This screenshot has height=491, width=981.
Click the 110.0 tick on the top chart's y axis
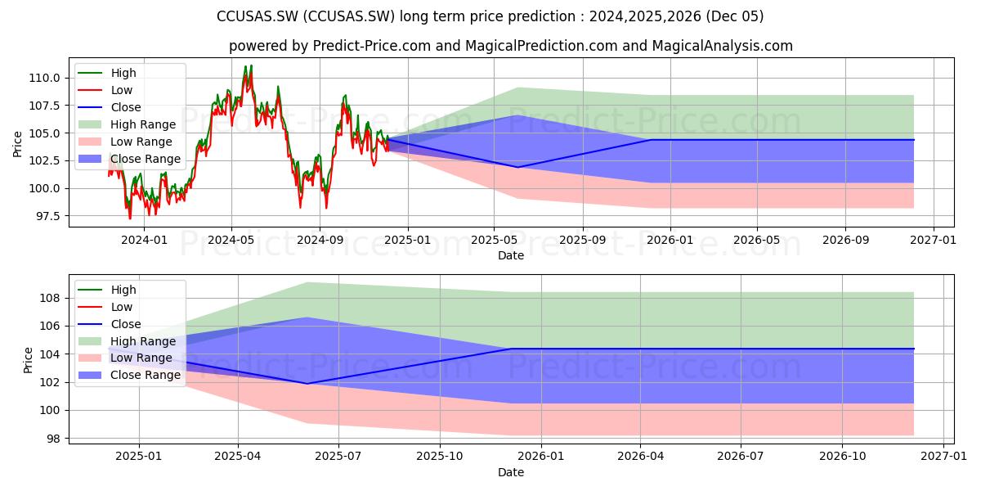coord(44,78)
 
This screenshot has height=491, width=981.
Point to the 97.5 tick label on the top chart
coord(47,216)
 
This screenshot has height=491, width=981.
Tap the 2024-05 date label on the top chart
coord(231,241)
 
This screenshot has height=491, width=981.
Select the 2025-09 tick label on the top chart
coord(583,241)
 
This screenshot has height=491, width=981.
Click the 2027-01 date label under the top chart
coord(934,241)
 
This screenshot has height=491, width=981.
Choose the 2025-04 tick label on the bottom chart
coord(238,457)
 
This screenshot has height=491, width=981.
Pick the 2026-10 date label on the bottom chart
coord(843,457)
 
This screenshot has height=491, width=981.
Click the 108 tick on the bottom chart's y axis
coord(50,298)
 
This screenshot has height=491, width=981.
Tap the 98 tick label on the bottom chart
coord(53,439)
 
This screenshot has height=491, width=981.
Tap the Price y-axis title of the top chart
coord(17,144)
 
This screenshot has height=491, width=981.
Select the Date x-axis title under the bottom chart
coord(511,472)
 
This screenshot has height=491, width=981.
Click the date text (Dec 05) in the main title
coord(735,16)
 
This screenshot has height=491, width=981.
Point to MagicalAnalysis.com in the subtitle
coord(722,46)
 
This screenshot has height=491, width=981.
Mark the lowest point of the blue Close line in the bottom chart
coord(307,384)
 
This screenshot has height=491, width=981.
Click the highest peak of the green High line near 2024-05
coord(252,65)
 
